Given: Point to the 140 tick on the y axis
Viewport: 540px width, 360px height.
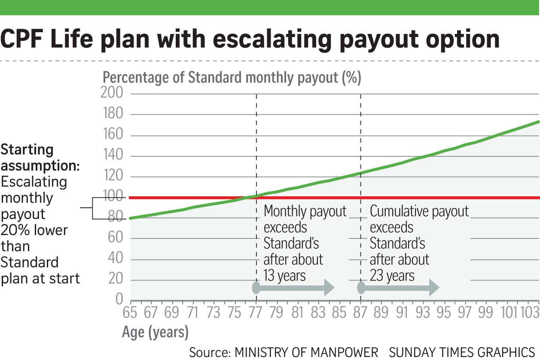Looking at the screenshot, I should click(x=113, y=156).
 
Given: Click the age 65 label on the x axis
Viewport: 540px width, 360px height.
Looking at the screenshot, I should click(x=130, y=313).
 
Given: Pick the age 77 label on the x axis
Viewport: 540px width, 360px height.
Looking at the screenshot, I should click(x=256, y=313).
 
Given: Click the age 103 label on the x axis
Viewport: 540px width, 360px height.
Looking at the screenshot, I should click(x=528, y=313).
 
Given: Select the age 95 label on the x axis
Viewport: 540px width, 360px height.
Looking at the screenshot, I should click(x=445, y=313).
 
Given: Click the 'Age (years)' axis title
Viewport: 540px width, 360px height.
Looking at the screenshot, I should click(x=155, y=332).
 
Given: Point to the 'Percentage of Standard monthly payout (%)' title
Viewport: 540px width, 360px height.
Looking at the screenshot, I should click(x=232, y=78).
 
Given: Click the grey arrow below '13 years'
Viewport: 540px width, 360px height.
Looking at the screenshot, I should click(x=294, y=288).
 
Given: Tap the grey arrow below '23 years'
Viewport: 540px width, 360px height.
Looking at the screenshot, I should click(x=399, y=288).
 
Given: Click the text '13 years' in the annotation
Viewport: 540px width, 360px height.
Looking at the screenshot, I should click(x=284, y=275).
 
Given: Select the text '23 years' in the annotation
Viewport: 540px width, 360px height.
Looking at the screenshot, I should click(x=392, y=275).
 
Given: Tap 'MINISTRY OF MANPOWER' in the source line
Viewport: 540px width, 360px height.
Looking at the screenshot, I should click(x=306, y=352).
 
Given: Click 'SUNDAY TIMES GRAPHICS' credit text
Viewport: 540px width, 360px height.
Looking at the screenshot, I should click(x=462, y=352).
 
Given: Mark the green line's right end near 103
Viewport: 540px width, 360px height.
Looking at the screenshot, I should click(x=538, y=122).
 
